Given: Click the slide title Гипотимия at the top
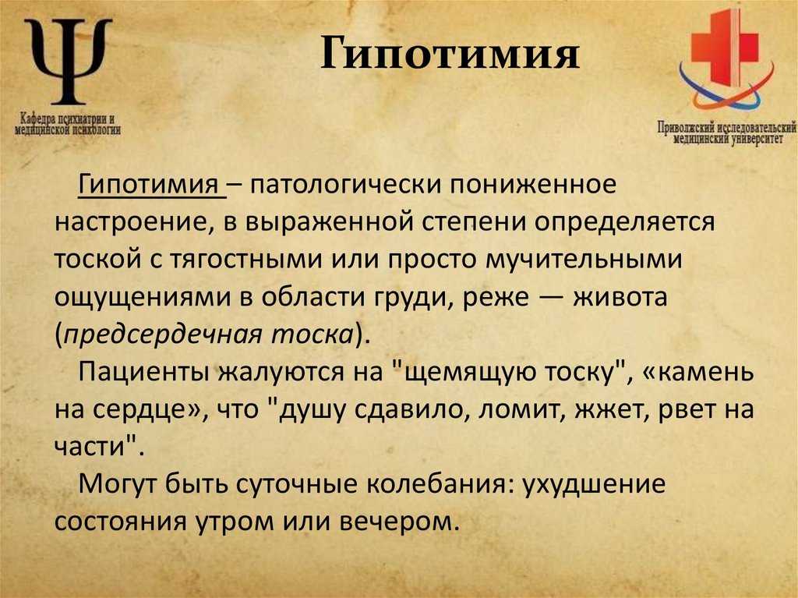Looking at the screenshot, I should [450, 58].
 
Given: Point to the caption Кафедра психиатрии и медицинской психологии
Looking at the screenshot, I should [69, 124].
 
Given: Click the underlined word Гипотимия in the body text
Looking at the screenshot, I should [148, 187].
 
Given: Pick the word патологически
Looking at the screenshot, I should [335, 187].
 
